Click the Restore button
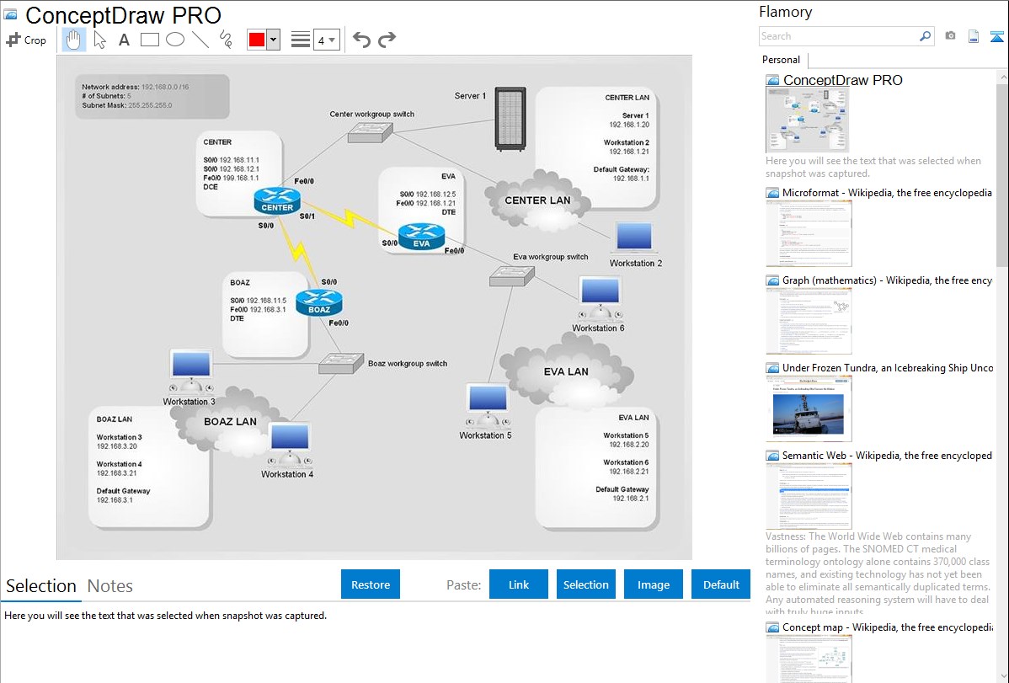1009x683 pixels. tap(371, 584)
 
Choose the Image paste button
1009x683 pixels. tap(654, 584)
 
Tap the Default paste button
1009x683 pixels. tap(721, 584)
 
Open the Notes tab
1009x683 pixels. tap(110, 586)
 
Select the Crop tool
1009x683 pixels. tap(27, 40)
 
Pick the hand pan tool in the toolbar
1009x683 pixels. tap(74, 40)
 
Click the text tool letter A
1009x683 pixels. tap(124, 40)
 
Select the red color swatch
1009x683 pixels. tap(256, 40)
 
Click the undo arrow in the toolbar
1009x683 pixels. tap(361, 40)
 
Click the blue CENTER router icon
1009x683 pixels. tap(277, 200)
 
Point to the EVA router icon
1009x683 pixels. tap(421, 237)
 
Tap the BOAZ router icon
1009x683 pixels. tap(319, 302)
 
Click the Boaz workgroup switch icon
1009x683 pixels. tap(340, 363)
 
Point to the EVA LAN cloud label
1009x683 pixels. tap(566, 371)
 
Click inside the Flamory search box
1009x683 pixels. tap(838, 36)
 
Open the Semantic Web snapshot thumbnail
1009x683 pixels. tap(809, 495)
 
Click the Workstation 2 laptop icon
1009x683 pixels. tap(636, 238)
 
